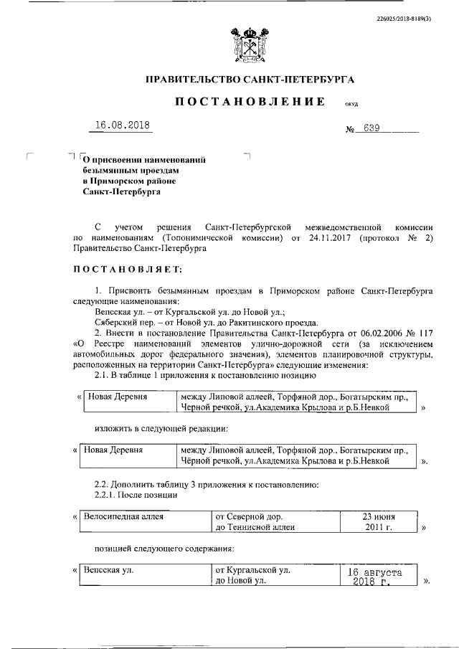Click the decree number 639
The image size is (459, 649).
pyautogui.click(x=372, y=129)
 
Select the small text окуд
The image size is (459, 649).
pyautogui.click(x=351, y=105)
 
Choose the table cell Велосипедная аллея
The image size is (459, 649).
pyautogui.click(x=124, y=516)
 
